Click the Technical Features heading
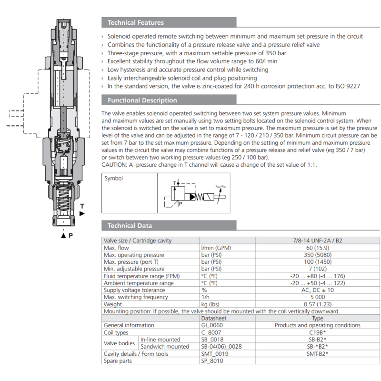[x=136, y=22]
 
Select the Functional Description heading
[x=142, y=100]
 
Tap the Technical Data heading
[x=130, y=226]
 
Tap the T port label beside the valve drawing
[x=82, y=207]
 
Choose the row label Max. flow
[x=116, y=248]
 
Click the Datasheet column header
[x=213, y=318]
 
